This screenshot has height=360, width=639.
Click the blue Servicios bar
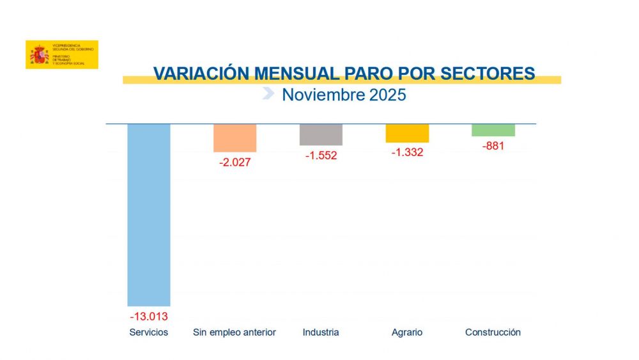149,214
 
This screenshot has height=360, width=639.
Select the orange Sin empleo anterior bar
235,137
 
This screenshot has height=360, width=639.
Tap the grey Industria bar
321,134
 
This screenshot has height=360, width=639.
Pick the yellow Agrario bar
407,133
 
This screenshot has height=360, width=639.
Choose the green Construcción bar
493,130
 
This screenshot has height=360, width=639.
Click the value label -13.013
149,317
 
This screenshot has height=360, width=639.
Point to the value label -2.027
235,162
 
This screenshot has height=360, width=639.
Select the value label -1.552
321,155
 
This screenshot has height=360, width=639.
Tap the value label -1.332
407,152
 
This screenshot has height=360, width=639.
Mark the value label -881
493,146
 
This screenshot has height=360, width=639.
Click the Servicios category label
149,333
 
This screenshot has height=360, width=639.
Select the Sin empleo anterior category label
235,333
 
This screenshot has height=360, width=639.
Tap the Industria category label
321,333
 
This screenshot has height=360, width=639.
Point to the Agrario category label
407,333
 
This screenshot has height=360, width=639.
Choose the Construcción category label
493,333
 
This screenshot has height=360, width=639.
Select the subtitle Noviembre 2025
344,95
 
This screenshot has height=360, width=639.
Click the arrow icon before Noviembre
269,94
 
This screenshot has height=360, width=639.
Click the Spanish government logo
62,55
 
